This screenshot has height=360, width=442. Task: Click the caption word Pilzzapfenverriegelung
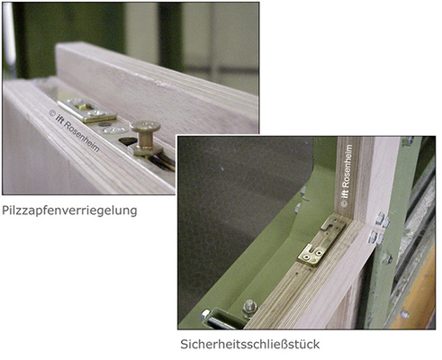pyautogui.click(x=69, y=211)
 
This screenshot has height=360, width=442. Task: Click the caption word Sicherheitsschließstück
pyautogui.click(x=250, y=344)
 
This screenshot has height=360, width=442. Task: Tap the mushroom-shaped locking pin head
pyautogui.click(x=145, y=127)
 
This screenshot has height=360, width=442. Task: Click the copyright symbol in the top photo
pyautogui.click(x=52, y=113)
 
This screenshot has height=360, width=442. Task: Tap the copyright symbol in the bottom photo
pyautogui.click(x=345, y=204)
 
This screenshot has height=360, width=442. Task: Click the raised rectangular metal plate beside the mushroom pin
pyautogui.click(x=87, y=110)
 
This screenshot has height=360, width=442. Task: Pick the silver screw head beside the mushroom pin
pyautogui.click(x=114, y=130)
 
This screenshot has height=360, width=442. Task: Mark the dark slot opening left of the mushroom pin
pyautogui.click(x=128, y=140)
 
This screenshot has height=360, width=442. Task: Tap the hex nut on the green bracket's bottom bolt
pyautogui.click(x=250, y=309)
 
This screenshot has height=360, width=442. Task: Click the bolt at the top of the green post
pyautogui.click(x=408, y=140)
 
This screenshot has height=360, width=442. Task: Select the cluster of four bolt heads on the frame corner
pyautogui.click(x=379, y=229)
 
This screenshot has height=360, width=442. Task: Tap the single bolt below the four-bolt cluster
pyautogui.click(x=386, y=258)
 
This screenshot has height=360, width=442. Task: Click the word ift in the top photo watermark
pyautogui.click(x=60, y=120)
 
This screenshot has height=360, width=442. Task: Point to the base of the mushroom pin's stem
pyautogui.click(x=146, y=149)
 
